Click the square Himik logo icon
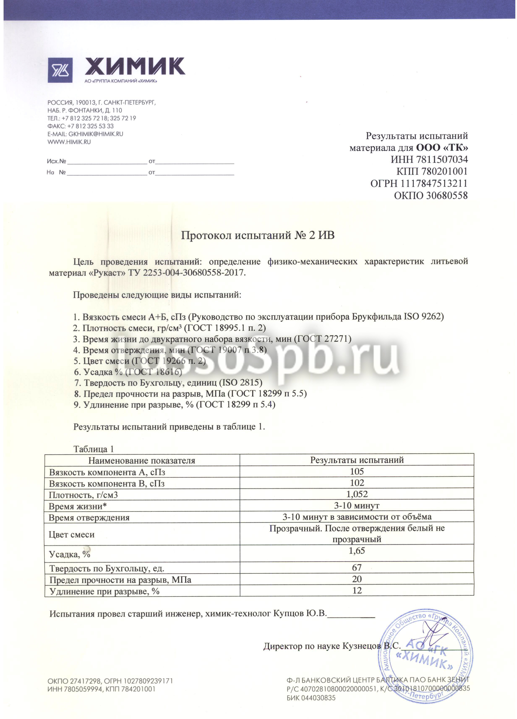(60, 70)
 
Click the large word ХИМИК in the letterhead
(135, 66)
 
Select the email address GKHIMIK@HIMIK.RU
(95, 134)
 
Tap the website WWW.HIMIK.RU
(69, 142)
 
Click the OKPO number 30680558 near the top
(447, 195)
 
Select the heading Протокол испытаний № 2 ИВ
(257, 235)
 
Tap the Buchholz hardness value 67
(357, 567)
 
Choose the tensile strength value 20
(357, 579)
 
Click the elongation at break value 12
(357, 590)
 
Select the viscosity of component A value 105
(357, 471)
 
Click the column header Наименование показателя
(142, 460)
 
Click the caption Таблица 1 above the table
(94, 449)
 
